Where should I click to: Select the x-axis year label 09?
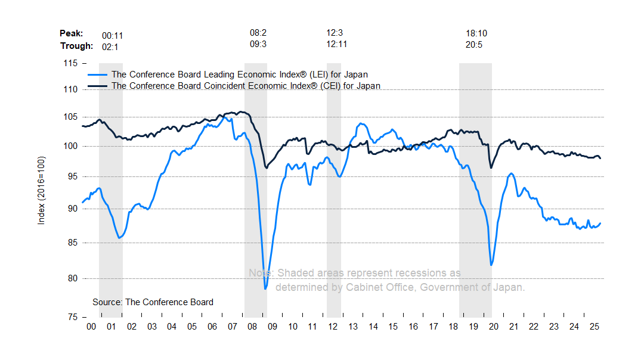point(273,327)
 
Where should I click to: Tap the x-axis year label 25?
point(593,327)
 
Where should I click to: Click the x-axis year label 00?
point(91,327)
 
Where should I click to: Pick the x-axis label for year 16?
point(413,327)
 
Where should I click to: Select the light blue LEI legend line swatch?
point(98,75)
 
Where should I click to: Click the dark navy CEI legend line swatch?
point(98,86)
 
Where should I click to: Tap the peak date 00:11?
point(112,36)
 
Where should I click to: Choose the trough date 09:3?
point(258,44)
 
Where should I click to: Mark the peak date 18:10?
point(476,33)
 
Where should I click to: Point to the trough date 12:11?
point(337,44)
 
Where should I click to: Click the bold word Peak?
point(72,34)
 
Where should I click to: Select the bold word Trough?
point(76,46)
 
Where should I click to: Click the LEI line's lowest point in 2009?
point(265,289)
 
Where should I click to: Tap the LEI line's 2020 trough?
point(491,265)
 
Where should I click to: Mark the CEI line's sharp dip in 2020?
point(491,167)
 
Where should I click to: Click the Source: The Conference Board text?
point(153,302)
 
